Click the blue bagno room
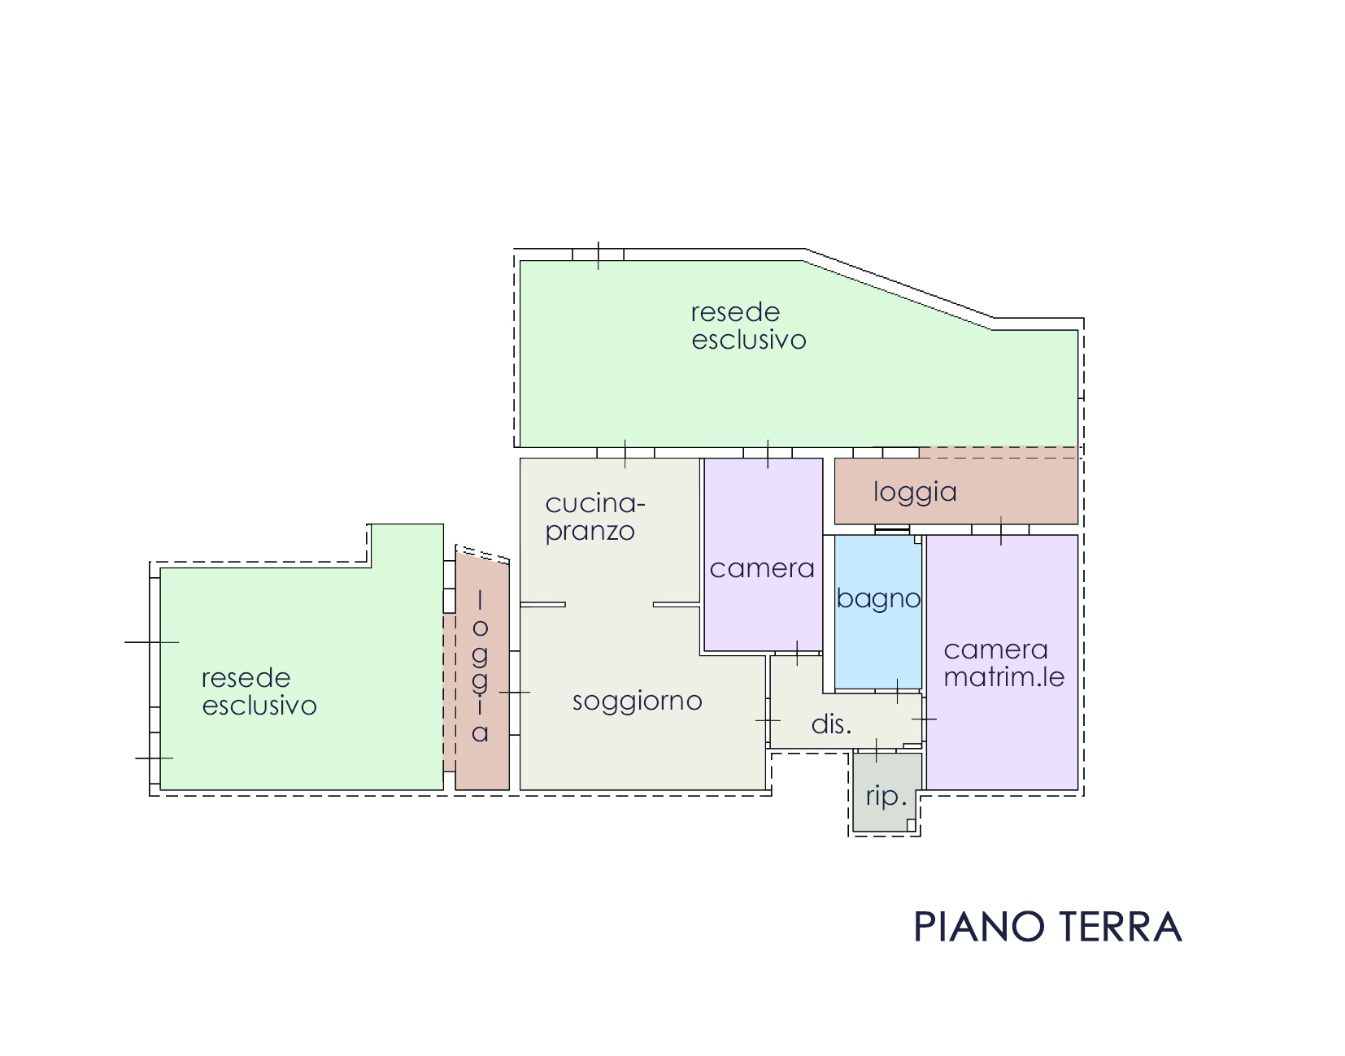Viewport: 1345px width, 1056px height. tap(877, 612)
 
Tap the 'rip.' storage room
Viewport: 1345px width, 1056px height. tap(887, 793)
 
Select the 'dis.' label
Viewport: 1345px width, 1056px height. tap(831, 724)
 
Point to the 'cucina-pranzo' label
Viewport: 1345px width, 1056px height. tap(594, 518)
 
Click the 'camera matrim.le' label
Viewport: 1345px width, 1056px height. tap(1003, 663)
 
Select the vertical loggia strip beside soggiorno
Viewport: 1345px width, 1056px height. tap(482, 671)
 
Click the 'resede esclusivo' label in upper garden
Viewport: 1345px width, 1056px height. tap(748, 326)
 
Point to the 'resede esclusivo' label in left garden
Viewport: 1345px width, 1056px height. tap(259, 692)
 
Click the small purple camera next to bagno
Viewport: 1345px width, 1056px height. tap(764, 554)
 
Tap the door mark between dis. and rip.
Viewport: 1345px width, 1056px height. tap(876, 750)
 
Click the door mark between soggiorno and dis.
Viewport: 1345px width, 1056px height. tap(768, 720)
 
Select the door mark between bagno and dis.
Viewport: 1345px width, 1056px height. tap(898, 691)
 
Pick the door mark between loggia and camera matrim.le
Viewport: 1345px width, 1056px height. tap(1001, 531)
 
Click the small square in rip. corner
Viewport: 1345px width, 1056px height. tap(911, 825)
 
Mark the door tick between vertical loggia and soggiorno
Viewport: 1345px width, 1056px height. tap(515, 693)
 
